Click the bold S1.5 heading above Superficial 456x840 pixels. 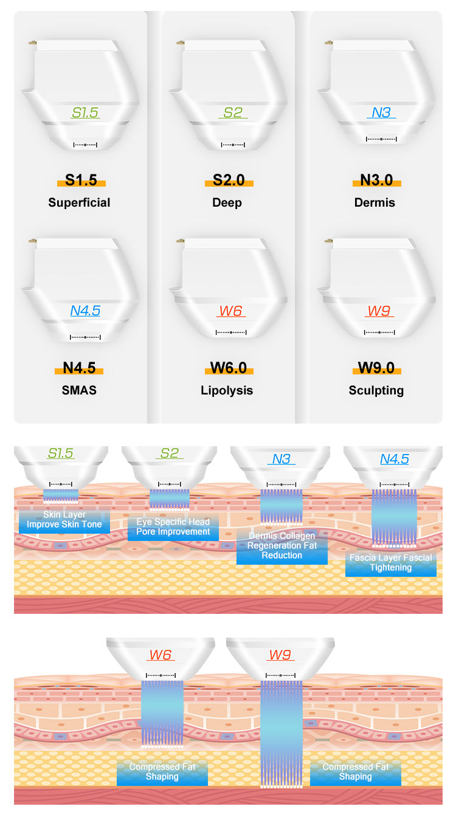point(81,180)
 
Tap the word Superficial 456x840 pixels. point(79,202)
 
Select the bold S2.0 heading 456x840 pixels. point(229,180)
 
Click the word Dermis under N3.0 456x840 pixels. point(375,202)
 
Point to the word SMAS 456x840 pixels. point(79,390)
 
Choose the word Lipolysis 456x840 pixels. point(227,390)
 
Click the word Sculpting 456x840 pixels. point(376,390)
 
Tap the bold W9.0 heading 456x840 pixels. point(376,368)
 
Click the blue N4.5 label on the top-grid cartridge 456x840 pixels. point(85,311)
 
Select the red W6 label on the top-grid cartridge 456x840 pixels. point(230,311)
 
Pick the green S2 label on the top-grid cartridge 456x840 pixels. point(233,112)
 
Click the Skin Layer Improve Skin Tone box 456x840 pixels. point(64,520)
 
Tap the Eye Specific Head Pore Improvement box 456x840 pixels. point(173,527)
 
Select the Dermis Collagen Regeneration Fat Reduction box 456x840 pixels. point(282,546)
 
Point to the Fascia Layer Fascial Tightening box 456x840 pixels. point(391,563)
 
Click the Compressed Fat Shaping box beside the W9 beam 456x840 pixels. point(356,772)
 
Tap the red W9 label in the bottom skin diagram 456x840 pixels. point(280,655)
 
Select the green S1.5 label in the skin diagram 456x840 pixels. point(60,453)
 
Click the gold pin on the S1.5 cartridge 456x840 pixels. point(32,43)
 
